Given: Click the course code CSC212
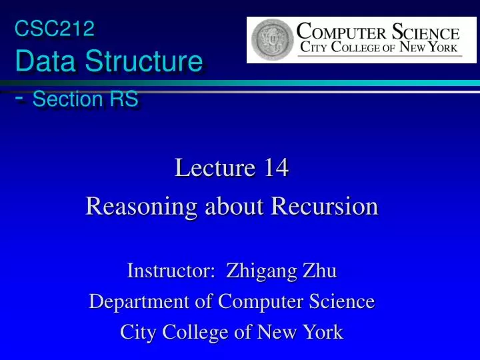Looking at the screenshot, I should (55, 28).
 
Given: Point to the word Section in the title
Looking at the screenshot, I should (66, 99).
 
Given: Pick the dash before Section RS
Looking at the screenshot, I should (21, 98).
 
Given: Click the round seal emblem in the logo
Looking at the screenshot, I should (271, 39).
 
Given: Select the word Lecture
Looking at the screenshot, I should (215, 168).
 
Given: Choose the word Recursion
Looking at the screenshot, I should (324, 207).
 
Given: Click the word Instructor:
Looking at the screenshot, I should (171, 271).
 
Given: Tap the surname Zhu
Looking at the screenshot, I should (321, 271).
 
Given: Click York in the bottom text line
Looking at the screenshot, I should (321, 331).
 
